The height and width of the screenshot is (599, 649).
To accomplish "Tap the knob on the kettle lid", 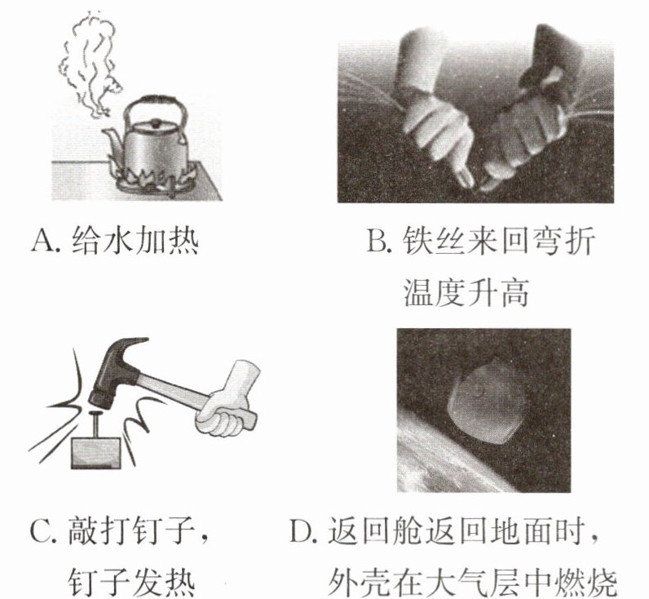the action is click(156, 122).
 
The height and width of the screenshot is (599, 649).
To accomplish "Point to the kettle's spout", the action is click(112, 140).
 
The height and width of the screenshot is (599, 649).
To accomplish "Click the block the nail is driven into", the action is click(96, 453).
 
